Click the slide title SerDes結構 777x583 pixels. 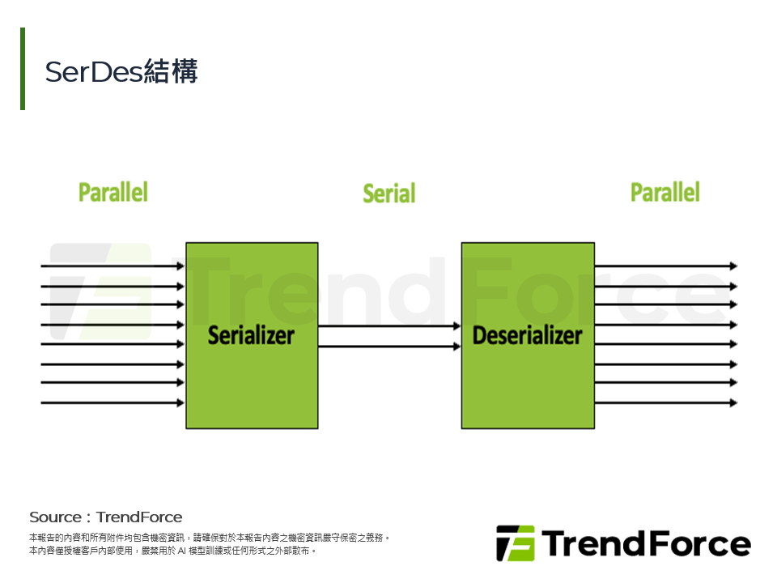click(121, 72)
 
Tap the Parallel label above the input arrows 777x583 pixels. click(113, 193)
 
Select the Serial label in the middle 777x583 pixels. click(388, 194)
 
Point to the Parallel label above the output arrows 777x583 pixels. click(665, 193)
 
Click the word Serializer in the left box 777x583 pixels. click(251, 335)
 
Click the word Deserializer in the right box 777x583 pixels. click(527, 335)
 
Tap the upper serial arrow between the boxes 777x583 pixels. click(388, 326)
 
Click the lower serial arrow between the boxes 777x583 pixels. click(388, 347)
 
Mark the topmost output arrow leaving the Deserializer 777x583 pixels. click(664, 266)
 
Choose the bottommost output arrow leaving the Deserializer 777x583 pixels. click(664, 402)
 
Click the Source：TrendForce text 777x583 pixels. click(106, 517)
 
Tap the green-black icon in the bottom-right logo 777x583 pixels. click(515, 543)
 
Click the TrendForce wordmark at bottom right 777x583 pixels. click(645, 543)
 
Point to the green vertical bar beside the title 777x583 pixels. click(23, 69)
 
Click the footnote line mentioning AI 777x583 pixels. click(172, 551)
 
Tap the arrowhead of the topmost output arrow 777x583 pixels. click(733, 266)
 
